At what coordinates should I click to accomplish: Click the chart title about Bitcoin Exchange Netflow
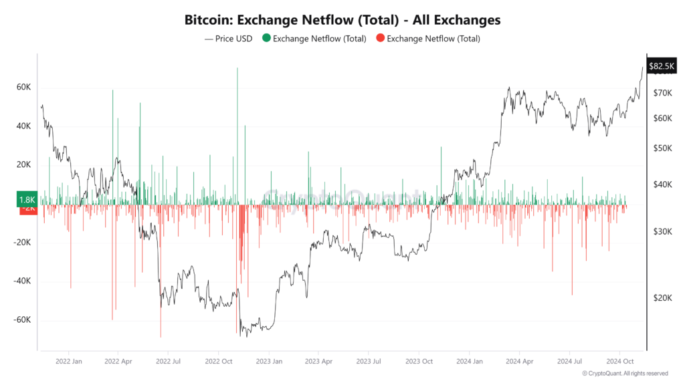pyautogui.click(x=342, y=20)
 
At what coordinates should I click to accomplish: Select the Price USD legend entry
pyautogui.click(x=228, y=39)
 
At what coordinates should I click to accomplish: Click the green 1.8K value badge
pyautogui.click(x=27, y=199)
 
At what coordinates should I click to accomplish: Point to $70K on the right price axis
pyautogui.click(x=662, y=93)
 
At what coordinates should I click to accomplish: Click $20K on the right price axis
pyautogui.click(x=662, y=298)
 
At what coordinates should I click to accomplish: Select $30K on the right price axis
pyautogui.click(x=662, y=231)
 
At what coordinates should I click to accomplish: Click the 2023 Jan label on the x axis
pyautogui.click(x=268, y=361)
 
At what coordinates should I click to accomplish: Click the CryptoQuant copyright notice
pyautogui.click(x=625, y=374)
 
